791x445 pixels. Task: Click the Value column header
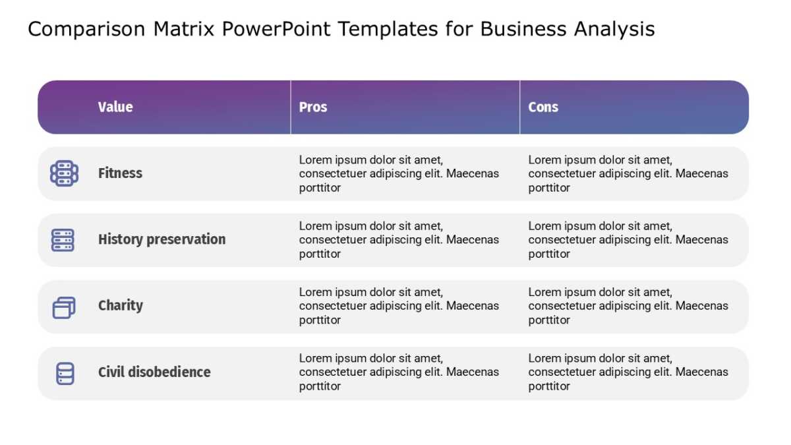tap(115, 107)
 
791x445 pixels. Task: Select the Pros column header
tap(313, 107)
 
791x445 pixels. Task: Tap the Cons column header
tap(543, 107)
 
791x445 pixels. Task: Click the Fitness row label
tap(120, 173)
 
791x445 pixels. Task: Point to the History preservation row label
tap(161, 239)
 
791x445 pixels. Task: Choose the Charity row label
tap(121, 306)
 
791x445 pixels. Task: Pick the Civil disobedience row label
tap(154, 372)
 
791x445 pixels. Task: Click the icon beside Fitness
tap(65, 173)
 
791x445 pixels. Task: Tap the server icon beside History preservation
tap(63, 240)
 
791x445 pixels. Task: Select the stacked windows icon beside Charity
tap(64, 308)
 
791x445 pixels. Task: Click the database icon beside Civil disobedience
tap(65, 373)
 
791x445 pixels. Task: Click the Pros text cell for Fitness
tap(399, 174)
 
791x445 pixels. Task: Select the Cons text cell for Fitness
tap(628, 174)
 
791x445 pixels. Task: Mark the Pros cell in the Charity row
tap(399, 306)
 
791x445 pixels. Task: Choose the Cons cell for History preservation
tap(628, 240)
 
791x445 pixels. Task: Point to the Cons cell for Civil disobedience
tap(628, 372)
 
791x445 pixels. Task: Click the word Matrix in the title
tap(184, 28)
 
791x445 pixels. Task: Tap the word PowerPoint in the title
tap(276, 28)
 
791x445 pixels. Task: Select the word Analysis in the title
tap(614, 29)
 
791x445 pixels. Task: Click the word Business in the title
tap(523, 28)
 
